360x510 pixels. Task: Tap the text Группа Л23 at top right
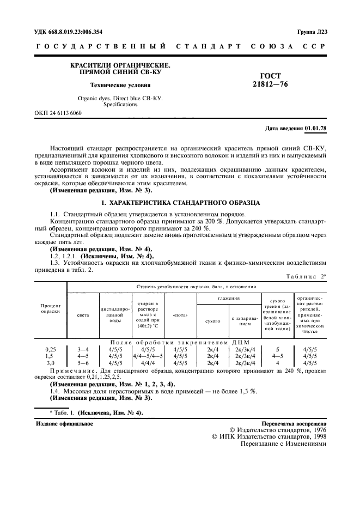(312, 32)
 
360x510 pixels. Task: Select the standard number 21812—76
(270, 85)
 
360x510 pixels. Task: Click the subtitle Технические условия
(120, 85)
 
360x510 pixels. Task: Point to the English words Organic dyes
(95, 99)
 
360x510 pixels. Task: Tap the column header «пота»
(180, 315)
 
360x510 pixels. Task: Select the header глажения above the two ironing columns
(229, 299)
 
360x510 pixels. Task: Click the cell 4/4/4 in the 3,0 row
(148, 362)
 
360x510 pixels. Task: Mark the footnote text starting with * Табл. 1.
(96, 412)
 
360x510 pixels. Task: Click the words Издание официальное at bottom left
(64, 423)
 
